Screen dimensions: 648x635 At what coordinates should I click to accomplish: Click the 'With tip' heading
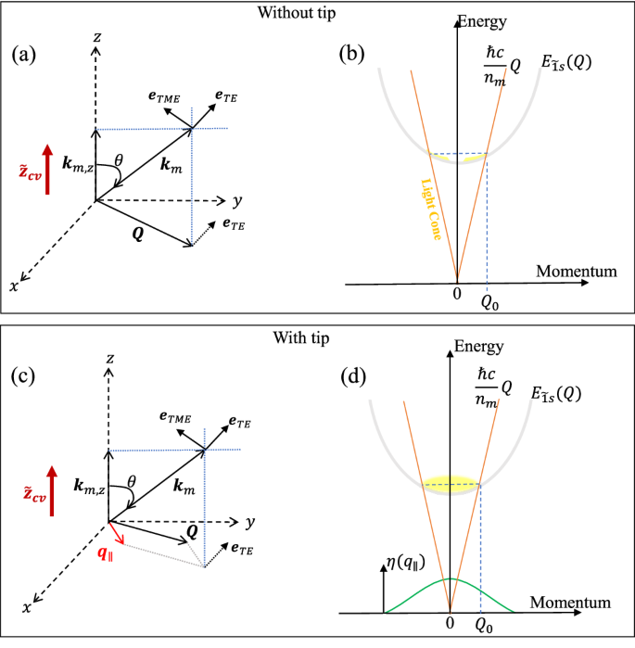point(317,337)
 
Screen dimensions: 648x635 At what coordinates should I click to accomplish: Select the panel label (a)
point(24,55)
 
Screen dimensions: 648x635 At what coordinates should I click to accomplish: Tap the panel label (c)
point(24,376)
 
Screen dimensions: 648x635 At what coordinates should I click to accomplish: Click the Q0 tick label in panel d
point(481,627)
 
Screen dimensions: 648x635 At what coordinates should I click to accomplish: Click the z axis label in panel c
point(109,358)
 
